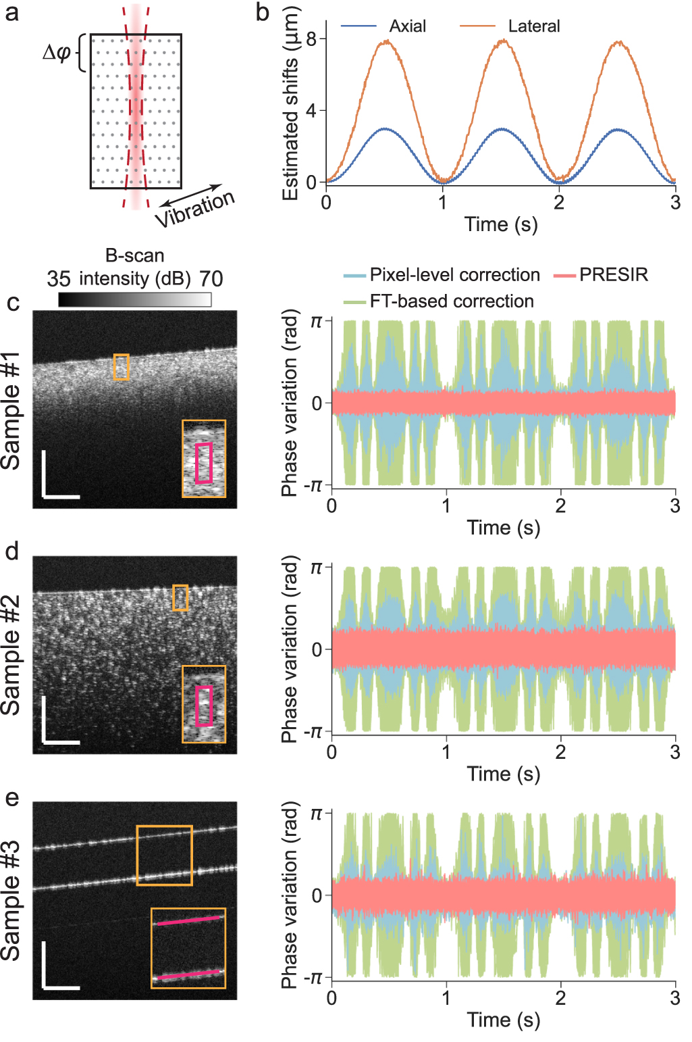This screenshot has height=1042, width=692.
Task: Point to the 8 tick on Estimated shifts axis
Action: coord(311,39)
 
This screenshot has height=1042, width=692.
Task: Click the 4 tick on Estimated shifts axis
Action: coord(311,110)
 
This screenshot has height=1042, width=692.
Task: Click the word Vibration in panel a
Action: coord(195,209)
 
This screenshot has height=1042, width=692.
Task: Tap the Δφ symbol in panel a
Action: coord(56,52)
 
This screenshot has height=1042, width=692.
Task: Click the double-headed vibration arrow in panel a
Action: coord(192,195)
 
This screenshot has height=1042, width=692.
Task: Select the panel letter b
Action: coord(263,12)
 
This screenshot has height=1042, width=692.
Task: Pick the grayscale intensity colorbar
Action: coord(135,299)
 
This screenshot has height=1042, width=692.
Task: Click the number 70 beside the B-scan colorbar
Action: coord(211,279)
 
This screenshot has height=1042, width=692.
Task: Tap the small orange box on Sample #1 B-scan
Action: coord(121,367)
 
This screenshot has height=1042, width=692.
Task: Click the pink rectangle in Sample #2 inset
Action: coord(204,706)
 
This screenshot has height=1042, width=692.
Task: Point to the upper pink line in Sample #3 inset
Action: coord(189,920)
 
